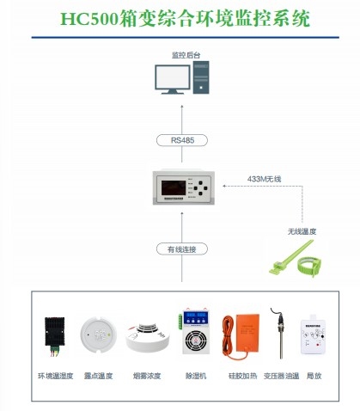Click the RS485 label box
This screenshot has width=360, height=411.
click(x=181, y=140)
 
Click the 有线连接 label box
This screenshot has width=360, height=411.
click(x=181, y=249)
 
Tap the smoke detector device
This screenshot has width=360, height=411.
click(x=143, y=339)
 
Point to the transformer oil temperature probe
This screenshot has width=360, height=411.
click(x=280, y=331)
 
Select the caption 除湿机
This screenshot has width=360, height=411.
click(x=195, y=376)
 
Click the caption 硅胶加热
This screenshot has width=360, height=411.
click(x=241, y=376)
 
